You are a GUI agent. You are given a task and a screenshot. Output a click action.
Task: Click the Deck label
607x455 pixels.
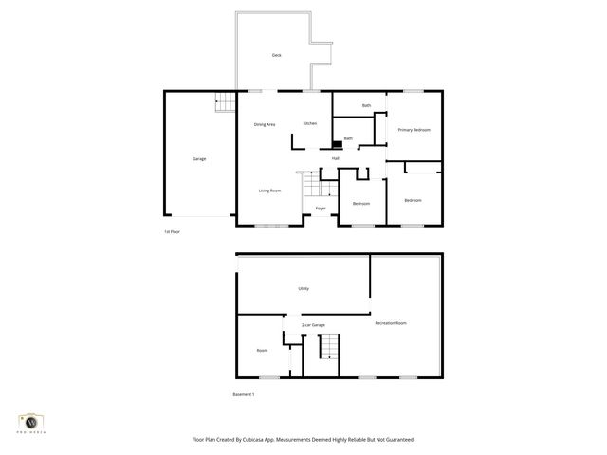(x=276, y=56)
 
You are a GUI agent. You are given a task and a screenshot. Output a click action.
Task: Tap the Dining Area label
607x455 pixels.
(x=265, y=124)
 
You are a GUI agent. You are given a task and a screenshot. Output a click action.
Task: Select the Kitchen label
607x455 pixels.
(x=310, y=123)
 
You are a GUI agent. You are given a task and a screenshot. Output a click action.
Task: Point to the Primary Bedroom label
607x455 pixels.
(x=414, y=129)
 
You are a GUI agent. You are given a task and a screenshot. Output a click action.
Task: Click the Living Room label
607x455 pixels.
(x=270, y=191)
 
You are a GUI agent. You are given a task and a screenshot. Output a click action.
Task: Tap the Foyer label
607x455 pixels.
(x=321, y=208)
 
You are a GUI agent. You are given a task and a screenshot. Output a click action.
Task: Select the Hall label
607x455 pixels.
(x=336, y=158)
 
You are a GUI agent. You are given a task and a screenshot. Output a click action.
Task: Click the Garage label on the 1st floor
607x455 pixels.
(x=199, y=158)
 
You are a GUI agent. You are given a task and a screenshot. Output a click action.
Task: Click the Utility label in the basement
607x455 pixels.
(x=303, y=288)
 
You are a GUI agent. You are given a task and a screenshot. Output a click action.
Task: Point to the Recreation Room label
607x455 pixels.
(x=391, y=323)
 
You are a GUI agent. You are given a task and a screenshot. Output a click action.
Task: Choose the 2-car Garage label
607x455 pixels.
(x=313, y=325)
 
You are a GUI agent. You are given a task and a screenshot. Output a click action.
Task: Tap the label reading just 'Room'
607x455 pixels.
(x=262, y=350)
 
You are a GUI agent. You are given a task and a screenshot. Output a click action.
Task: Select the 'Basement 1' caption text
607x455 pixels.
(x=244, y=393)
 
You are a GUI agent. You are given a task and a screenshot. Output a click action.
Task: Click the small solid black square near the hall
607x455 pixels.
(x=336, y=145)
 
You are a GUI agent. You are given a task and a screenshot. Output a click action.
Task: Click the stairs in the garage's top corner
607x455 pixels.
(x=224, y=101)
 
